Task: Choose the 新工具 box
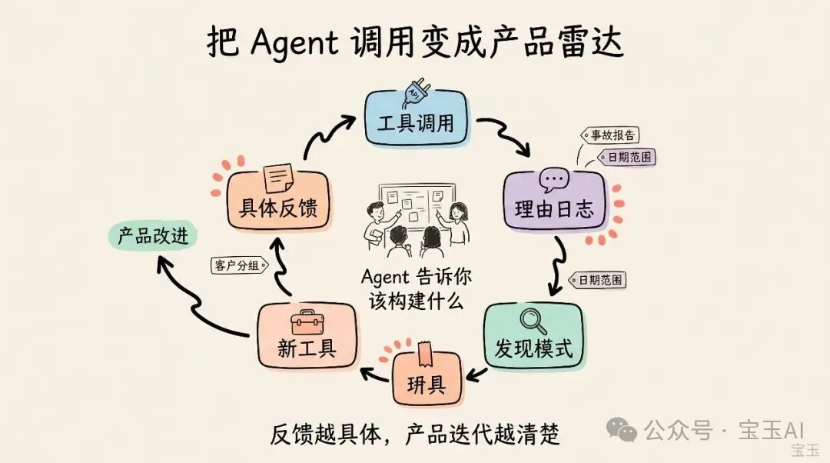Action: tap(307, 338)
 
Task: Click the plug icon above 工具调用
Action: tap(414, 91)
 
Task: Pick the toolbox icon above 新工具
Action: tap(307, 321)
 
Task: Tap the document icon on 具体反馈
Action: tap(278, 177)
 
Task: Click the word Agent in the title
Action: tap(294, 42)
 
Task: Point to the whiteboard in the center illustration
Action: tap(416, 204)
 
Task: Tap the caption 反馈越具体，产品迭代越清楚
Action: tap(415, 434)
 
